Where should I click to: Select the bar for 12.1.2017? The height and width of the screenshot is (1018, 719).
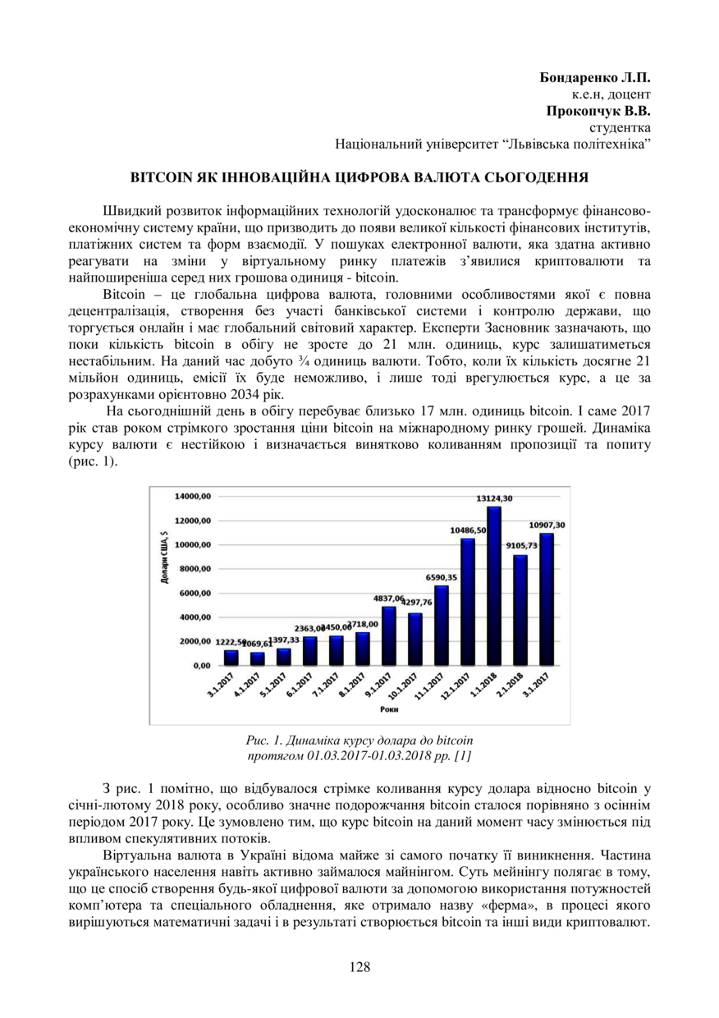point(468,601)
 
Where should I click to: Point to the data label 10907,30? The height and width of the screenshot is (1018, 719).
point(546,525)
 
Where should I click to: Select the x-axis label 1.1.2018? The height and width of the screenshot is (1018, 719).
point(489,685)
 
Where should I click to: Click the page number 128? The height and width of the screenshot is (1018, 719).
point(359,966)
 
